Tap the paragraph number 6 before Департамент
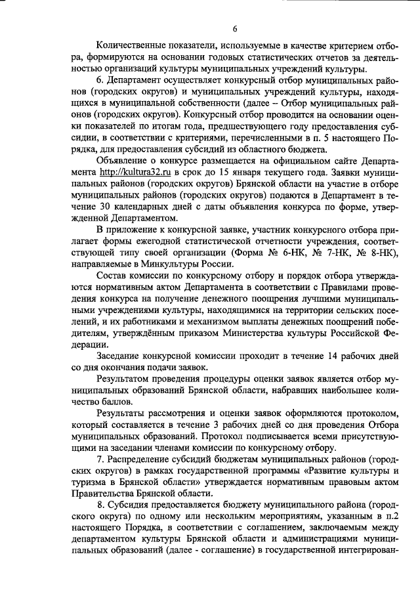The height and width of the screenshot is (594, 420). point(98,79)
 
